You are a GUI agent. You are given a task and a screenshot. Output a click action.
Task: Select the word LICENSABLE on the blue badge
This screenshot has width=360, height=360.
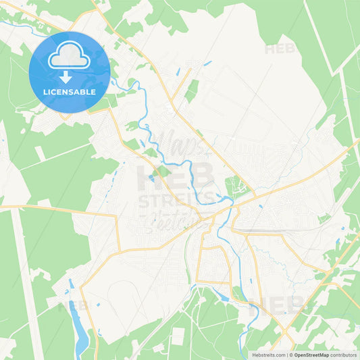pos(70,91)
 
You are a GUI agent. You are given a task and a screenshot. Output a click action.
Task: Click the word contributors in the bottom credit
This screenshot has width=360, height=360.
pos(344,354)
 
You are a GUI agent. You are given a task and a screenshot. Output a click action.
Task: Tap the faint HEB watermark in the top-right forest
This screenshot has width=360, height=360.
pos(280,49)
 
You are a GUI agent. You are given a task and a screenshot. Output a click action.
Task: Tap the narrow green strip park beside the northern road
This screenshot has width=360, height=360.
pos(192,91)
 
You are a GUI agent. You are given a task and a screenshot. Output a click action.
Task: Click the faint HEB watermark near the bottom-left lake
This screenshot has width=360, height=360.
pos(73,306)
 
